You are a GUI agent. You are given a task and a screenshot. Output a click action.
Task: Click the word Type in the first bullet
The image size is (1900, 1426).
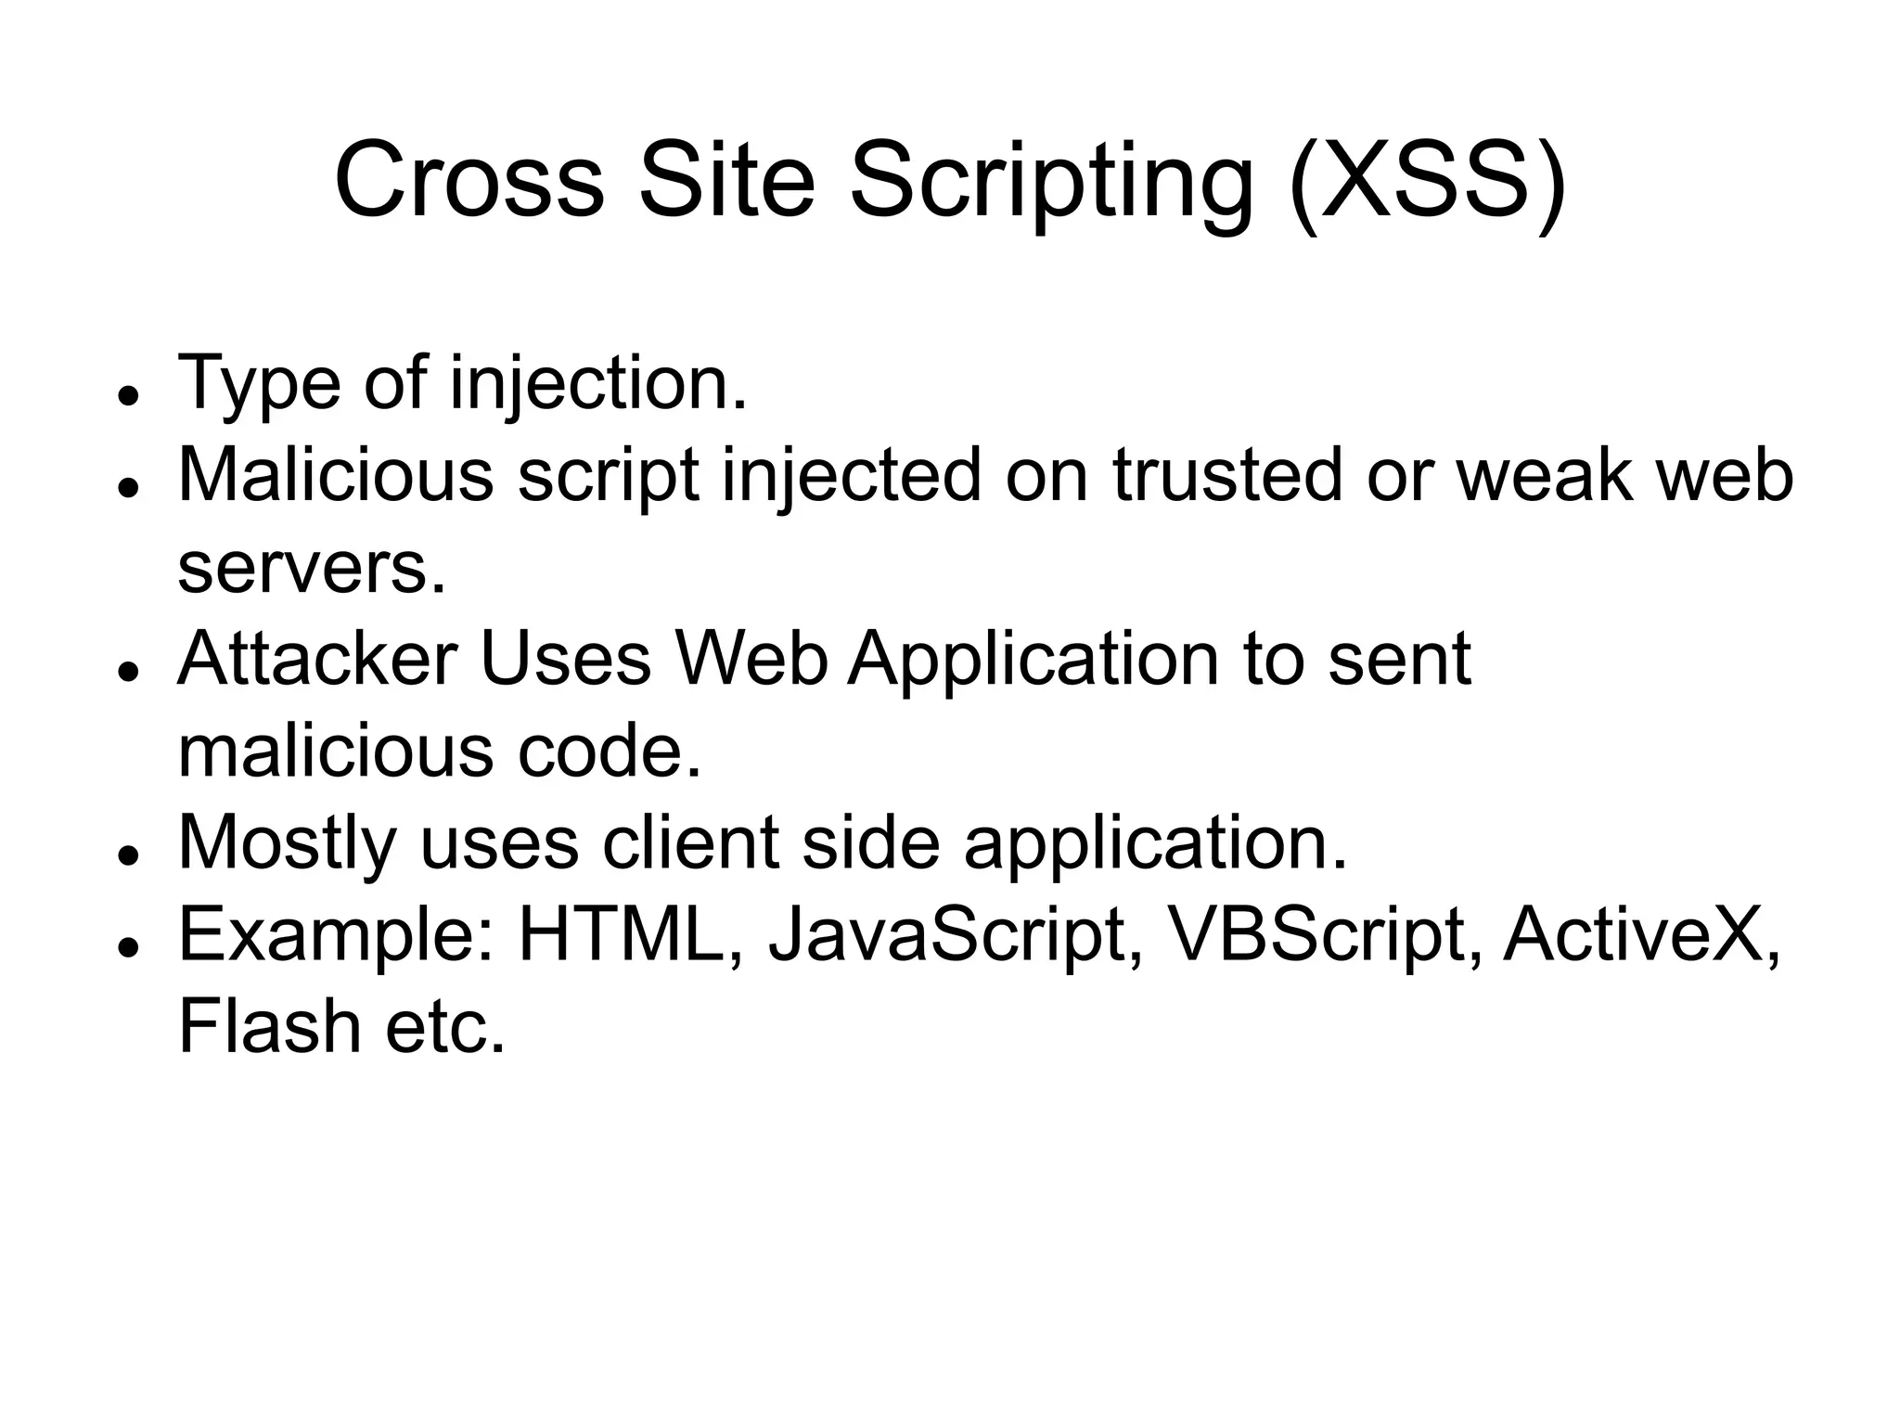pyautogui.click(x=259, y=382)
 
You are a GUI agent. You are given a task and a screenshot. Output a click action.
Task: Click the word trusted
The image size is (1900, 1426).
pyautogui.click(x=1227, y=474)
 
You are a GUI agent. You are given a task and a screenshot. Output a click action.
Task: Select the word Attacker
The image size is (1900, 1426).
pyautogui.click(x=316, y=659)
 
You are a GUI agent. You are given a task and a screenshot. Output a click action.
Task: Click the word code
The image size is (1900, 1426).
pyautogui.click(x=609, y=751)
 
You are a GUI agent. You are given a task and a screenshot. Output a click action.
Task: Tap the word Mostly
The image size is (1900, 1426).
pyautogui.click(x=287, y=843)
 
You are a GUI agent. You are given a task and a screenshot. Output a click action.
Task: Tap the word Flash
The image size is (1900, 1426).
pyautogui.click(x=269, y=1026)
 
